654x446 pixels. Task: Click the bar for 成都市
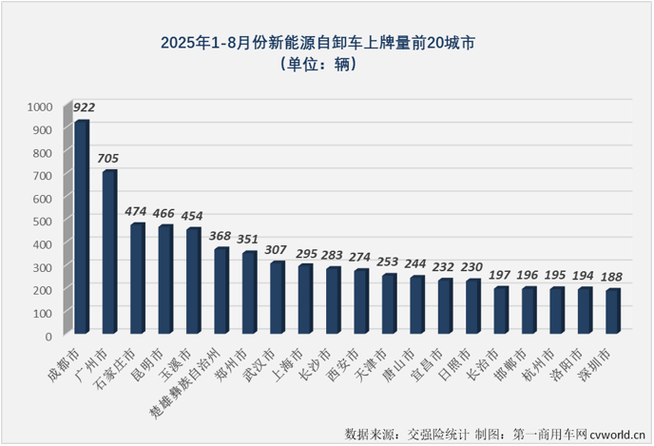(x=82, y=227)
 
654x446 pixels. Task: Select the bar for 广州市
(x=109, y=252)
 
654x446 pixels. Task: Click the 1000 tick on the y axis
(x=42, y=107)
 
